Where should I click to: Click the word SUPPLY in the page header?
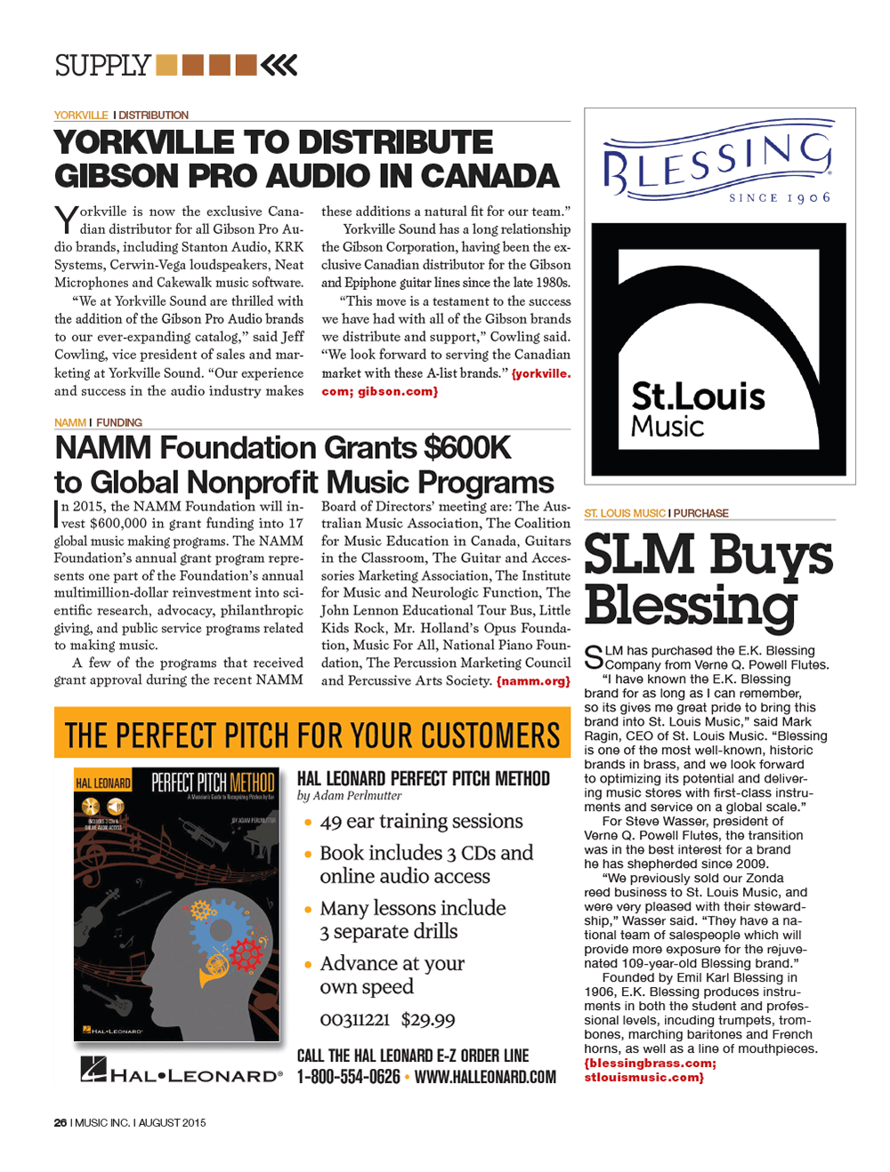[x=102, y=66]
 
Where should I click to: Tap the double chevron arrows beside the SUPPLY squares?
[x=280, y=65]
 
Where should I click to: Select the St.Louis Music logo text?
[x=698, y=409]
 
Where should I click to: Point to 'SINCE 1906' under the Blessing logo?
[x=780, y=197]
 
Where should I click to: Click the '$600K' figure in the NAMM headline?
[x=467, y=447]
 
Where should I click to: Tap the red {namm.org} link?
[x=533, y=681]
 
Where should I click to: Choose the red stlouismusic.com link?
[x=643, y=1077]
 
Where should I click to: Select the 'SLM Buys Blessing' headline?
[x=708, y=579]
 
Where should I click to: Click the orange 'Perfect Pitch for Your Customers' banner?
[x=312, y=734]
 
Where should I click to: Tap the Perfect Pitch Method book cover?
[x=176, y=903]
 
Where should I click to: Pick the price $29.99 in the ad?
[x=428, y=1020]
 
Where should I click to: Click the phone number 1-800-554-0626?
[x=348, y=1077]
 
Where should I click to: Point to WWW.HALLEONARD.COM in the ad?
[x=485, y=1077]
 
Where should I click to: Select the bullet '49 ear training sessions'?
[x=421, y=821]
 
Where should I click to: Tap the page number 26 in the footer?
[x=61, y=1123]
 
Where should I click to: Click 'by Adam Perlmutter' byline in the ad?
[x=349, y=796]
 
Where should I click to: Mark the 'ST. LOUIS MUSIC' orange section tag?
[x=624, y=513]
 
